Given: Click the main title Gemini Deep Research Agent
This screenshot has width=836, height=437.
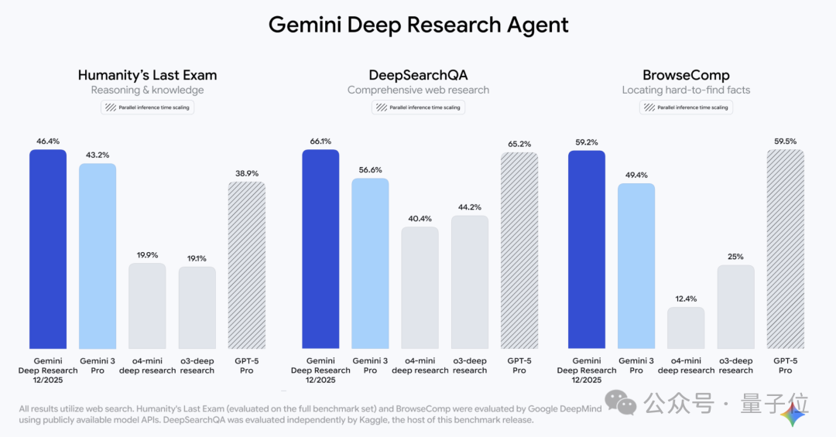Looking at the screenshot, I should (418, 25).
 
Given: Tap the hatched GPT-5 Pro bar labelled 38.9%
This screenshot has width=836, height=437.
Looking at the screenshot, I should (246, 265).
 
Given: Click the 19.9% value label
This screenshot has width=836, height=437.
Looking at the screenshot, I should (147, 254).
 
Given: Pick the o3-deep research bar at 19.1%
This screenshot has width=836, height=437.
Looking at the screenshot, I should (197, 307).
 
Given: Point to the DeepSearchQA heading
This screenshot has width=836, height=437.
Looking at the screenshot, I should (418, 75).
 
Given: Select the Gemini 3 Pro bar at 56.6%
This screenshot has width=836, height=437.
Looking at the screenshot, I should (370, 263).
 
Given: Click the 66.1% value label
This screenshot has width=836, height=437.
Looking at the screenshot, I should (320, 142).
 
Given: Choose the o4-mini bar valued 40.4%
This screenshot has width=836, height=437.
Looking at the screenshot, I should (420, 287).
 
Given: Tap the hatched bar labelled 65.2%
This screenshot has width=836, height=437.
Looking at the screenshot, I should (519, 250).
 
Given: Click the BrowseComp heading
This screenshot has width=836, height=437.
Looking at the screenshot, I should (686, 75).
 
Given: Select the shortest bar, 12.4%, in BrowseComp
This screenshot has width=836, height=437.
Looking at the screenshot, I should (686, 327).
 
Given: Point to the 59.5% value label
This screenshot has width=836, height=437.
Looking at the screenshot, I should (785, 142).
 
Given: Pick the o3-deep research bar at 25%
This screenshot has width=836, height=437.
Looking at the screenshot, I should (735, 306).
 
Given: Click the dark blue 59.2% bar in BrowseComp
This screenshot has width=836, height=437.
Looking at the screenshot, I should (587, 249).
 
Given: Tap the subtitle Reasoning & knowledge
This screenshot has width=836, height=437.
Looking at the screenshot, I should (147, 90).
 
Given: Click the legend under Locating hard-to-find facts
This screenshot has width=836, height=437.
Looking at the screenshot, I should (686, 108).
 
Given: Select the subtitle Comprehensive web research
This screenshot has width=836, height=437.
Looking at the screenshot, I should (418, 90).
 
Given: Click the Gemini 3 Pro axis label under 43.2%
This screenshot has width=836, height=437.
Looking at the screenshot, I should (98, 365).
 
